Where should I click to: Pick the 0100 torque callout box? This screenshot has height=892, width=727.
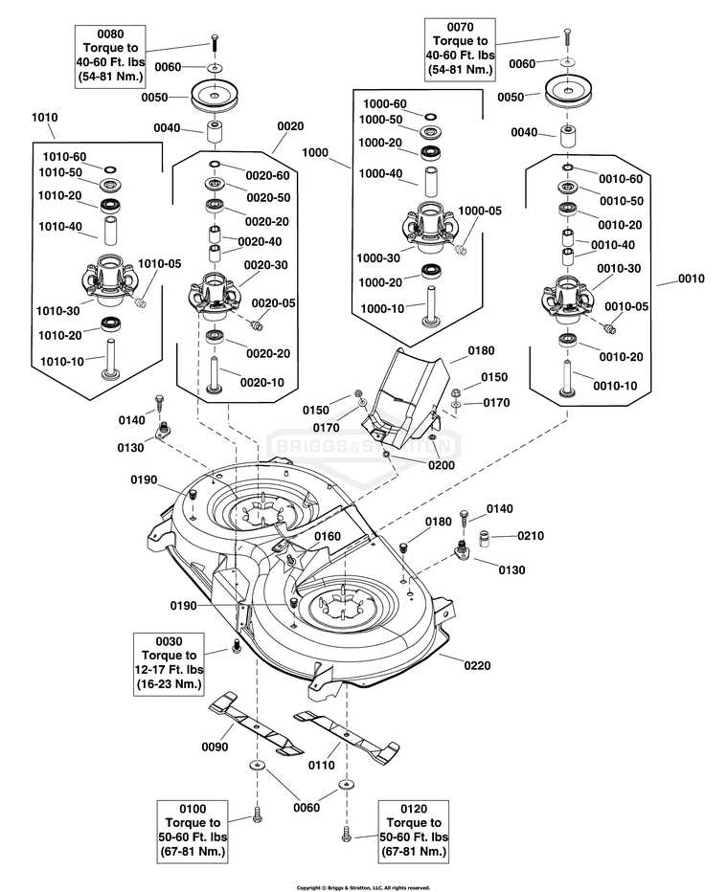coord(193,830)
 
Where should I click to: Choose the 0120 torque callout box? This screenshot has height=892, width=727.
coord(413,830)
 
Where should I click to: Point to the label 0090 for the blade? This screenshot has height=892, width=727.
coord(214,747)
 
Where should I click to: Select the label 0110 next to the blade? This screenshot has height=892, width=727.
coord(321,765)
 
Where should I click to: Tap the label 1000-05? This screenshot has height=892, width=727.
coord(479,211)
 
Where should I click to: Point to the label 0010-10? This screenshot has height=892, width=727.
coord(616,385)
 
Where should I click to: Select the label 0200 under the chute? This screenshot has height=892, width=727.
coord(441,464)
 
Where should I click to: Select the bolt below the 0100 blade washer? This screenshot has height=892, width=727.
coord(256,815)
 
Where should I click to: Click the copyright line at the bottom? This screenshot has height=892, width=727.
coord(363,887)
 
